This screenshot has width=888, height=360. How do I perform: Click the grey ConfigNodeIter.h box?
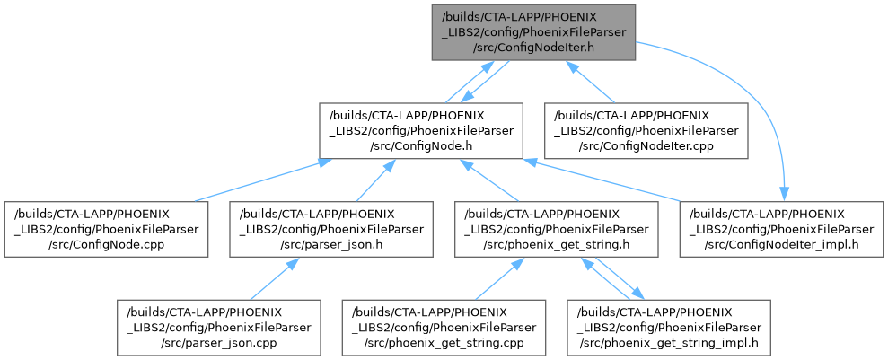coord(534,32)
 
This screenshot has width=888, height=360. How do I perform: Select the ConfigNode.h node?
coord(422,131)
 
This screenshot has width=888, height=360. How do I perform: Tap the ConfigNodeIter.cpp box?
coord(646,131)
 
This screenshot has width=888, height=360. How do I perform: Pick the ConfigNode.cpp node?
coord(108,230)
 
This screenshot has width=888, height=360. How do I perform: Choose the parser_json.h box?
coord(332,230)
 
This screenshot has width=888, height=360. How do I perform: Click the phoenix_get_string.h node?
coord(557,230)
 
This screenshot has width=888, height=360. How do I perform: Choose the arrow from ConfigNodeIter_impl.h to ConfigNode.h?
coord(611,180)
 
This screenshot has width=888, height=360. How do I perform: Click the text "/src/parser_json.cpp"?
coord(220,341)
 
